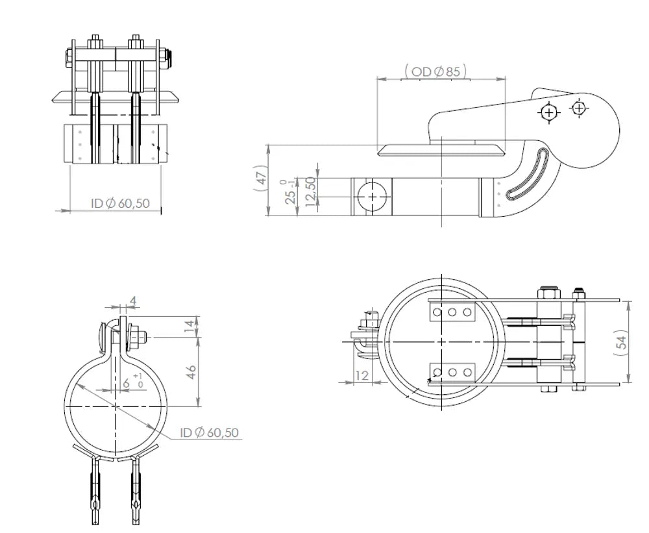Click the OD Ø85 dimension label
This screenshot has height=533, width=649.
point(435,71)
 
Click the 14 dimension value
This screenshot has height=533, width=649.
point(189,327)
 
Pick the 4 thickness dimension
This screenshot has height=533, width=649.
point(133,301)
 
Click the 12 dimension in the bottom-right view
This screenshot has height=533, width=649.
point(361,376)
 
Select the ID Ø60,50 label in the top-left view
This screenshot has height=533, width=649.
point(120,203)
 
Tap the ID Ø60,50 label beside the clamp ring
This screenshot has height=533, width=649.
point(210,432)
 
